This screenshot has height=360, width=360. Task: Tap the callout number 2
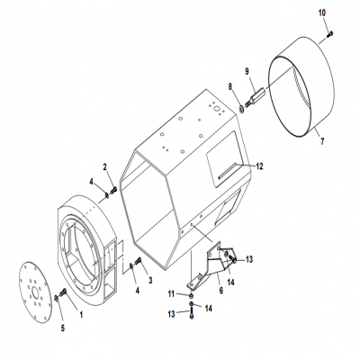106,168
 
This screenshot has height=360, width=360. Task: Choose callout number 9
248,71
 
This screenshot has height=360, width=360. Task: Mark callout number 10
323,12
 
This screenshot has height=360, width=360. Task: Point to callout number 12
259,166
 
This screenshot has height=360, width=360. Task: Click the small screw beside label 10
330,33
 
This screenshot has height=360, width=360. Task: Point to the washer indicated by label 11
190,294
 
